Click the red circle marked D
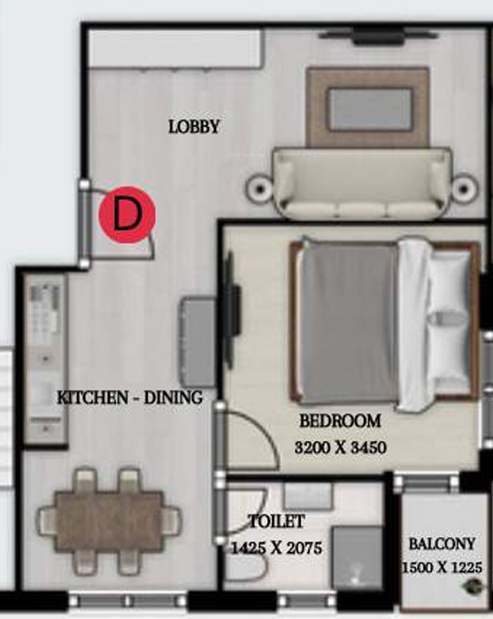[127, 215]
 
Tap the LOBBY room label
[194, 127]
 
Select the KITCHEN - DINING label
[129, 398]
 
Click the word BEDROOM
[340, 422]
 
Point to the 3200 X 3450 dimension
[339, 449]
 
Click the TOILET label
[276, 522]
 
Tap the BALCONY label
[443, 543]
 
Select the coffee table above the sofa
[369, 109]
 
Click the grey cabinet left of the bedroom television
[198, 322]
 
